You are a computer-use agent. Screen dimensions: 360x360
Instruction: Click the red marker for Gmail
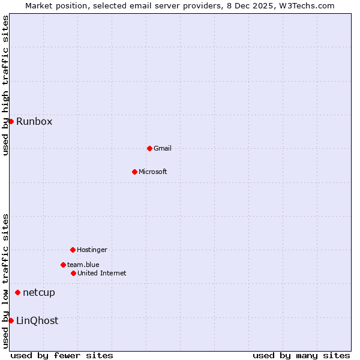pos(149,148)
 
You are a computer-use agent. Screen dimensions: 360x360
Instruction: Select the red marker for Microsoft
pos(134,172)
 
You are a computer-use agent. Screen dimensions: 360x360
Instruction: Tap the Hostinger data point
pos(73,250)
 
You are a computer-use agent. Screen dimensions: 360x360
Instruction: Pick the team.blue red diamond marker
pos(63,265)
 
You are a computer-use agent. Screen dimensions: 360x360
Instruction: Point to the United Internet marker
pos(73,273)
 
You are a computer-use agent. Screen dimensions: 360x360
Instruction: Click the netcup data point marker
pos(17,293)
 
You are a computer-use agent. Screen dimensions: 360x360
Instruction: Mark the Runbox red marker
pos(11,121)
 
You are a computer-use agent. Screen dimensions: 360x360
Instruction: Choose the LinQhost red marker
pos(11,320)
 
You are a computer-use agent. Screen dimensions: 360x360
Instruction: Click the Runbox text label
pos(34,122)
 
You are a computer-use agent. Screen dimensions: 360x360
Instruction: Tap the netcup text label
pos(39,293)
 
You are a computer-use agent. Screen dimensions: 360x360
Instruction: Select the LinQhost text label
pos(37,321)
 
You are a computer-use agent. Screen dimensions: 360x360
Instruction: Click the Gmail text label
pos(163,149)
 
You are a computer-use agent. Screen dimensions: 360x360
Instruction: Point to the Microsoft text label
pos(153,172)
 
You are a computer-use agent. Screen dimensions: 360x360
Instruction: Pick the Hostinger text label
pos(92,250)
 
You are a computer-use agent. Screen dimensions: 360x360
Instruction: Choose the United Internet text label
pos(102,274)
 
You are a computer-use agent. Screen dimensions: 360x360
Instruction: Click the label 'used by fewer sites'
pos(62,356)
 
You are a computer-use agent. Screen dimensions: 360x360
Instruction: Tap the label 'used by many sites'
pos(301,356)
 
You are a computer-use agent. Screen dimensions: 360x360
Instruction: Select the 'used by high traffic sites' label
pos(5,85)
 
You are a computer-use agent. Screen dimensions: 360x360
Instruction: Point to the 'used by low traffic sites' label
pos(5,281)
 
